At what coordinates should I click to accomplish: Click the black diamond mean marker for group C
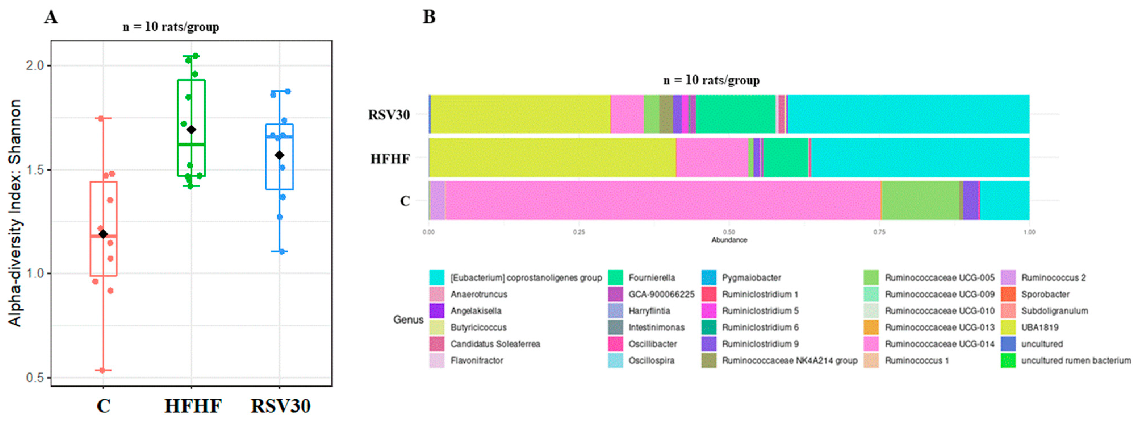[x=103, y=234]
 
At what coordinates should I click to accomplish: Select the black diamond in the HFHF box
[x=191, y=130]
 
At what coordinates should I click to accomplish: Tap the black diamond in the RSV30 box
[x=279, y=155]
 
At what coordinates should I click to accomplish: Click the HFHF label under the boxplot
[x=193, y=406]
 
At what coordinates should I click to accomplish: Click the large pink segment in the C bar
[x=664, y=200]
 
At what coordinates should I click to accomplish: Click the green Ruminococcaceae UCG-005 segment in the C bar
[x=921, y=200]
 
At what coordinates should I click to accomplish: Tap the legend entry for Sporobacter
[x=1045, y=294]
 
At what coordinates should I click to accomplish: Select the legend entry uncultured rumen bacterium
[x=1075, y=360]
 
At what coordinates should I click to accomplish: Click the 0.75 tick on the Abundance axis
[x=879, y=232]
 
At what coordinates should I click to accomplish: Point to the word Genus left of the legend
[x=408, y=319]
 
